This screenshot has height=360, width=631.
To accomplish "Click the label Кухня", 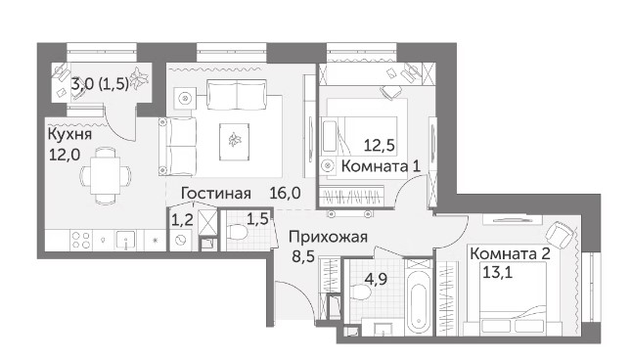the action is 69,134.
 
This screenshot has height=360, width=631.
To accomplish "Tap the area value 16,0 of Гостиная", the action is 285,193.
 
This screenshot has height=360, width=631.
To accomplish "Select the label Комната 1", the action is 381,165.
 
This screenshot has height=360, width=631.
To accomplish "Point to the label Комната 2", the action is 510,253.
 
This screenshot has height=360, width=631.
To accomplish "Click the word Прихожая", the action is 328,238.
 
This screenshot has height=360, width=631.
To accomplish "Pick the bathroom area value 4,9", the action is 376,279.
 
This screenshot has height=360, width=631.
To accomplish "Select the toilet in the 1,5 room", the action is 239,233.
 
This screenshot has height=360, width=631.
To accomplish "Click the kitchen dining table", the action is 105,175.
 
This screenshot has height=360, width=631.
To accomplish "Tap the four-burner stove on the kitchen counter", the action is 81,240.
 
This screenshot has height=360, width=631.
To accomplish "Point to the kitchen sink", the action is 126,241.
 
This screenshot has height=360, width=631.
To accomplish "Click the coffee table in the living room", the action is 234,142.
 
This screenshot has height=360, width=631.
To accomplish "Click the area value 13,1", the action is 497,273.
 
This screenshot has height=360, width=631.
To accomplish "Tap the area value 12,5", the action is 379,145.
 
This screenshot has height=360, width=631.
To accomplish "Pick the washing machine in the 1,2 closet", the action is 180,240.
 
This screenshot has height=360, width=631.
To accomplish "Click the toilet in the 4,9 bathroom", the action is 361,292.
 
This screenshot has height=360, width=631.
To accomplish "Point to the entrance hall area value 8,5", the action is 303,256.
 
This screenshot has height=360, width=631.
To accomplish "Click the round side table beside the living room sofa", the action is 185,98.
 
